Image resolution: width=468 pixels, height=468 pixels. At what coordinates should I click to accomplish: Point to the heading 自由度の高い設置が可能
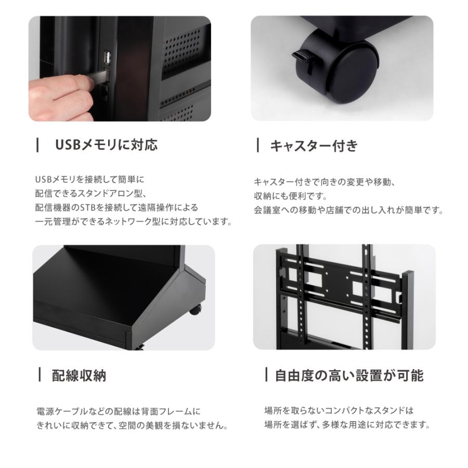(349, 375)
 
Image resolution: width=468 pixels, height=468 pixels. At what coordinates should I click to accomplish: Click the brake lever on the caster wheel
(301, 56)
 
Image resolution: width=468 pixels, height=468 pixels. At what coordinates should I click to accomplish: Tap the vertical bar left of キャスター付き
(258, 146)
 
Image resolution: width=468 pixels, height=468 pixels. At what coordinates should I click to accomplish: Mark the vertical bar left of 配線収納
(40, 375)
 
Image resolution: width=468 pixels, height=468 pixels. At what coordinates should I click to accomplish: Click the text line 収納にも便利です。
(290, 197)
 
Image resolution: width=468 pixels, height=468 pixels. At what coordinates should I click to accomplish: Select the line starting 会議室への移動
(348, 211)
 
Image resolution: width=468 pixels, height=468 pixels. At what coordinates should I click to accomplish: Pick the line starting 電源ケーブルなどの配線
(119, 411)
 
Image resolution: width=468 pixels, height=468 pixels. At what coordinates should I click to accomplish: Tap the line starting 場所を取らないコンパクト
(339, 410)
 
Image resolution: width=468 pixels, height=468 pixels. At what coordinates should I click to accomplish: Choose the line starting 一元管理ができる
(133, 222)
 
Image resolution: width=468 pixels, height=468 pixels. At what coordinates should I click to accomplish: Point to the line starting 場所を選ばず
(347, 425)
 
